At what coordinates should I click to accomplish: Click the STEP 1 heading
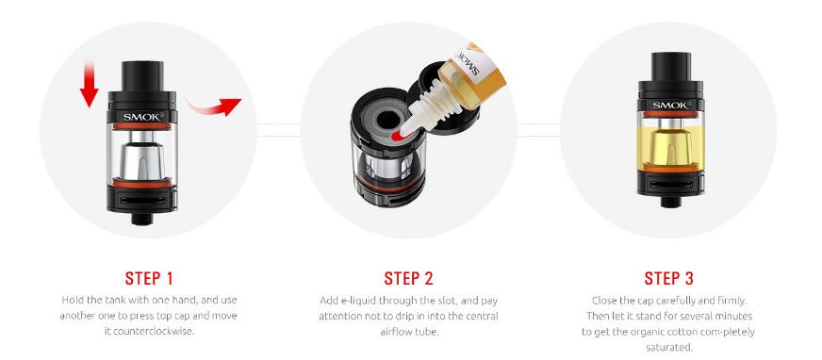point(149,278)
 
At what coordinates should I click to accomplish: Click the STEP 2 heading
point(409,278)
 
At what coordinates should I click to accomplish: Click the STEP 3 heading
point(669,278)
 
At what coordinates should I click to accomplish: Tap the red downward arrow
point(90,84)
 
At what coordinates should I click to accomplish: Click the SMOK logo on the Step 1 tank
point(143,117)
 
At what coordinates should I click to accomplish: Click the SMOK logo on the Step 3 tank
point(671,105)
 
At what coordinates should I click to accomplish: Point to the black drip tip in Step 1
point(142,76)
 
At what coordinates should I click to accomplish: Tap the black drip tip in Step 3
point(671,67)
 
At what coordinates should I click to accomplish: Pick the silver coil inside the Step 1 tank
point(142,160)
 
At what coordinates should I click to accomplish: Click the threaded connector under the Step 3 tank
point(671,202)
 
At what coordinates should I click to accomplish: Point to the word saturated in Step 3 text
point(669,348)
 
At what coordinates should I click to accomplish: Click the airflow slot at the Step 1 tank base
point(142,200)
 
